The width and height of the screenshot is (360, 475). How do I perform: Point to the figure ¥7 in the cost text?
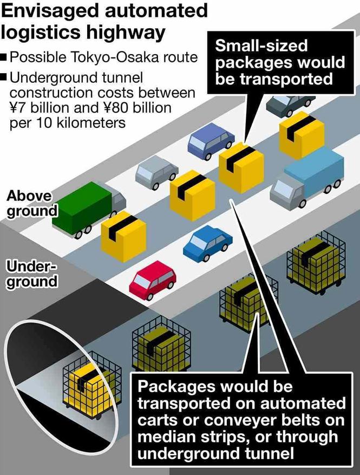click(18, 107)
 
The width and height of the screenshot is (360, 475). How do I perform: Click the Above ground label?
click(30, 203)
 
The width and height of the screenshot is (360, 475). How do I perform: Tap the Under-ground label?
click(31, 274)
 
